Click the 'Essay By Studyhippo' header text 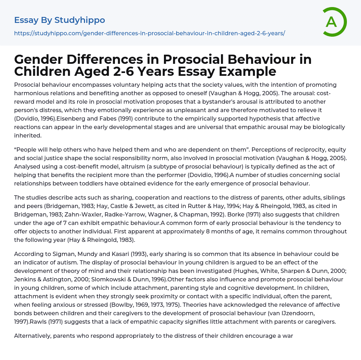(60, 20)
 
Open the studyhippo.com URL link (149, 33)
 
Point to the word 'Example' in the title (247, 71)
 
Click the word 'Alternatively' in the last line (32, 336)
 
